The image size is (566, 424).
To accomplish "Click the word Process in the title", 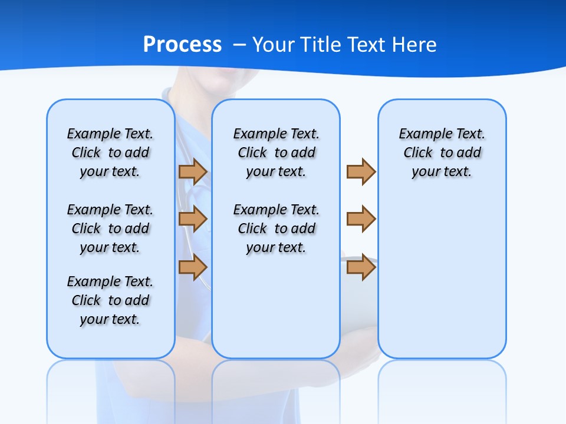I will [x=182, y=45].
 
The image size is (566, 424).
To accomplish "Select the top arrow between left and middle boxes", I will [x=193, y=171].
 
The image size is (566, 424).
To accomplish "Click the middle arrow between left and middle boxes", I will [x=193, y=219].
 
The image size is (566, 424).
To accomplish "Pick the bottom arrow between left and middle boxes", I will [x=193, y=267].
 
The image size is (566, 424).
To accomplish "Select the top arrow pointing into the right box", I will [x=361, y=171].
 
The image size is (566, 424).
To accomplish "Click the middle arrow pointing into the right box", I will [x=361, y=219].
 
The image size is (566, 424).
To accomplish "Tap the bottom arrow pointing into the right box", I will [x=361, y=267].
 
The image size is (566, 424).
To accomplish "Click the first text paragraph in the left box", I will [x=110, y=153].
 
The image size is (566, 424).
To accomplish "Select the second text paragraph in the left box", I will [x=110, y=228].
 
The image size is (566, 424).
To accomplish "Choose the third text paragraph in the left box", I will [x=110, y=300].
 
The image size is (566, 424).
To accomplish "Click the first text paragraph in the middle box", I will [x=276, y=153].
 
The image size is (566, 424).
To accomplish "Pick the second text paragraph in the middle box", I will [x=276, y=228].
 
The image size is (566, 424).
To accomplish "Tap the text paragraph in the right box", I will [x=442, y=153].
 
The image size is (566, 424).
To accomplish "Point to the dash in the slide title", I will [x=239, y=45].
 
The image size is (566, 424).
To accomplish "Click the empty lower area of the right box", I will [x=442, y=283].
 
